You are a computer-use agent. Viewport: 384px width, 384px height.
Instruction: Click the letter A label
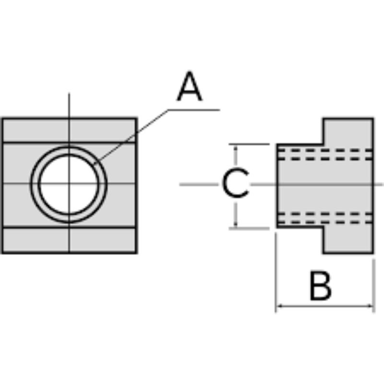(190, 87)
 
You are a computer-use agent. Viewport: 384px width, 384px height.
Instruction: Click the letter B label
(320, 286)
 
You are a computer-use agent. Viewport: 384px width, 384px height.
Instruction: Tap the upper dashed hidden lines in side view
(324, 154)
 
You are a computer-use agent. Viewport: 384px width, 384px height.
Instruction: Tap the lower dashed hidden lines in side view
(324, 218)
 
